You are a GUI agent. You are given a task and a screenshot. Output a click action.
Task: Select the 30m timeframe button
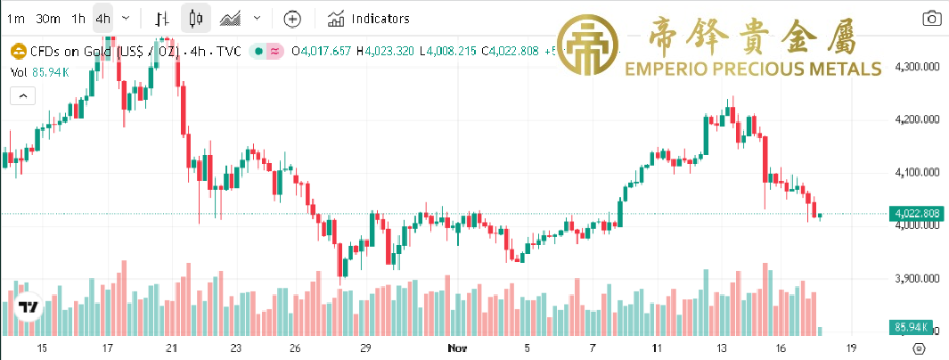pyautogui.click(x=49, y=18)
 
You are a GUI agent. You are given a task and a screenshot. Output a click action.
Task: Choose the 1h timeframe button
pyautogui.click(x=78, y=18)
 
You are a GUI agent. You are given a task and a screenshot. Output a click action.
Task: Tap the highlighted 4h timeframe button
pyautogui.click(x=103, y=18)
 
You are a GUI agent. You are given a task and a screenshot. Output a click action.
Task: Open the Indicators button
pyautogui.click(x=368, y=18)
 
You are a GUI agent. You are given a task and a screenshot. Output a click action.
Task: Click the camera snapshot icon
pyautogui.click(x=931, y=18)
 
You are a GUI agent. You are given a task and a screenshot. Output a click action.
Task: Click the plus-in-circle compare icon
pyautogui.click(x=293, y=18)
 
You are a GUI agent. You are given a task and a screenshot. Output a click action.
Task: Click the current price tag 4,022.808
pyautogui.click(x=916, y=214)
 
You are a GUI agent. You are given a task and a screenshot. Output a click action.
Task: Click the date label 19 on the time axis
pyautogui.click(x=851, y=348)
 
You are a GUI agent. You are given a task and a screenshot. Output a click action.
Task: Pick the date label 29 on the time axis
pyautogui.click(x=364, y=348)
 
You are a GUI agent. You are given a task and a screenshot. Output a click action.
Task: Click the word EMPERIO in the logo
pyautogui.click(x=670, y=69)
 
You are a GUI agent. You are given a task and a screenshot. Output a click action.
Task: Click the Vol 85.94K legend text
pyautogui.click(x=40, y=71)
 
